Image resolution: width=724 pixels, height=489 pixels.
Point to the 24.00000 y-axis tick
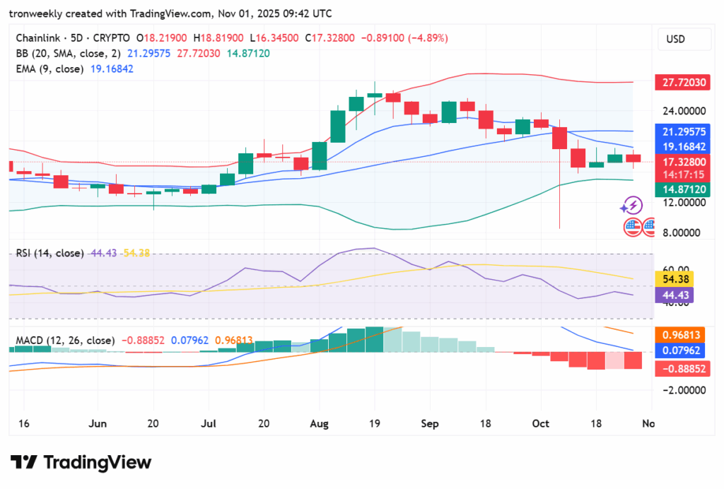click(683, 111)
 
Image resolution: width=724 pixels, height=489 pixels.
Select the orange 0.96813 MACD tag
click(681, 334)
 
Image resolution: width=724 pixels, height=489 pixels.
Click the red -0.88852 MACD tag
click(681, 368)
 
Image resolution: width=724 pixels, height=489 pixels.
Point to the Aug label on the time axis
click(320, 423)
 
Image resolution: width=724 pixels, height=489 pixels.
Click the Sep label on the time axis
click(430, 423)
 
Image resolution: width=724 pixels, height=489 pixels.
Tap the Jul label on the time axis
click(209, 423)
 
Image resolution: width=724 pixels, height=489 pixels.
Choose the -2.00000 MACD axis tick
click(683, 389)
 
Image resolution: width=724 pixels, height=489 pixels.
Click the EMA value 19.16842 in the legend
click(109, 69)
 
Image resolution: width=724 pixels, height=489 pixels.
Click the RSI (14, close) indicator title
click(50, 253)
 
